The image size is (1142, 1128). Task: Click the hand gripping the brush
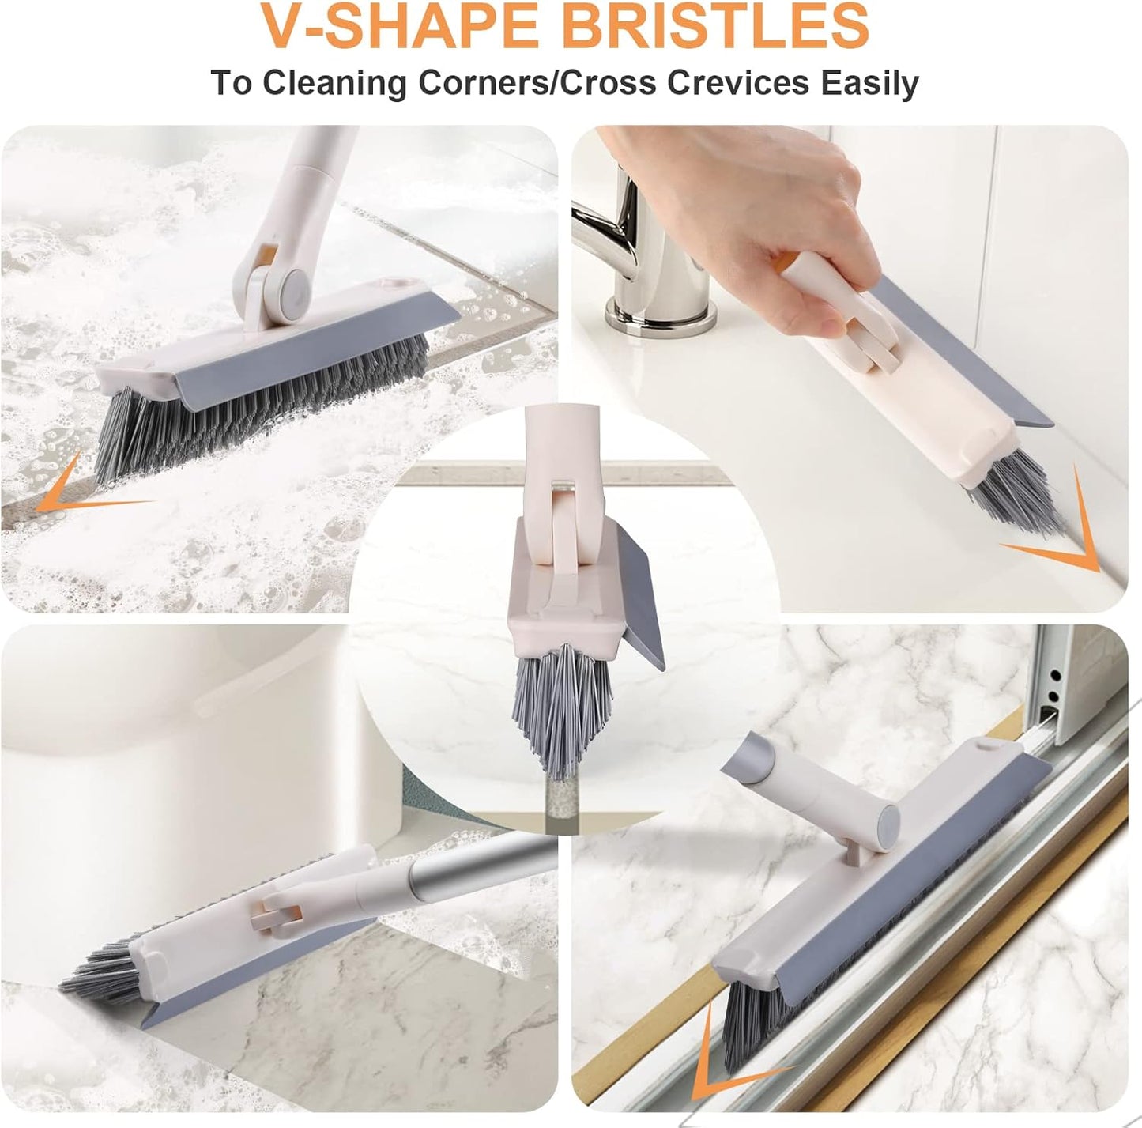tap(782, 237)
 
